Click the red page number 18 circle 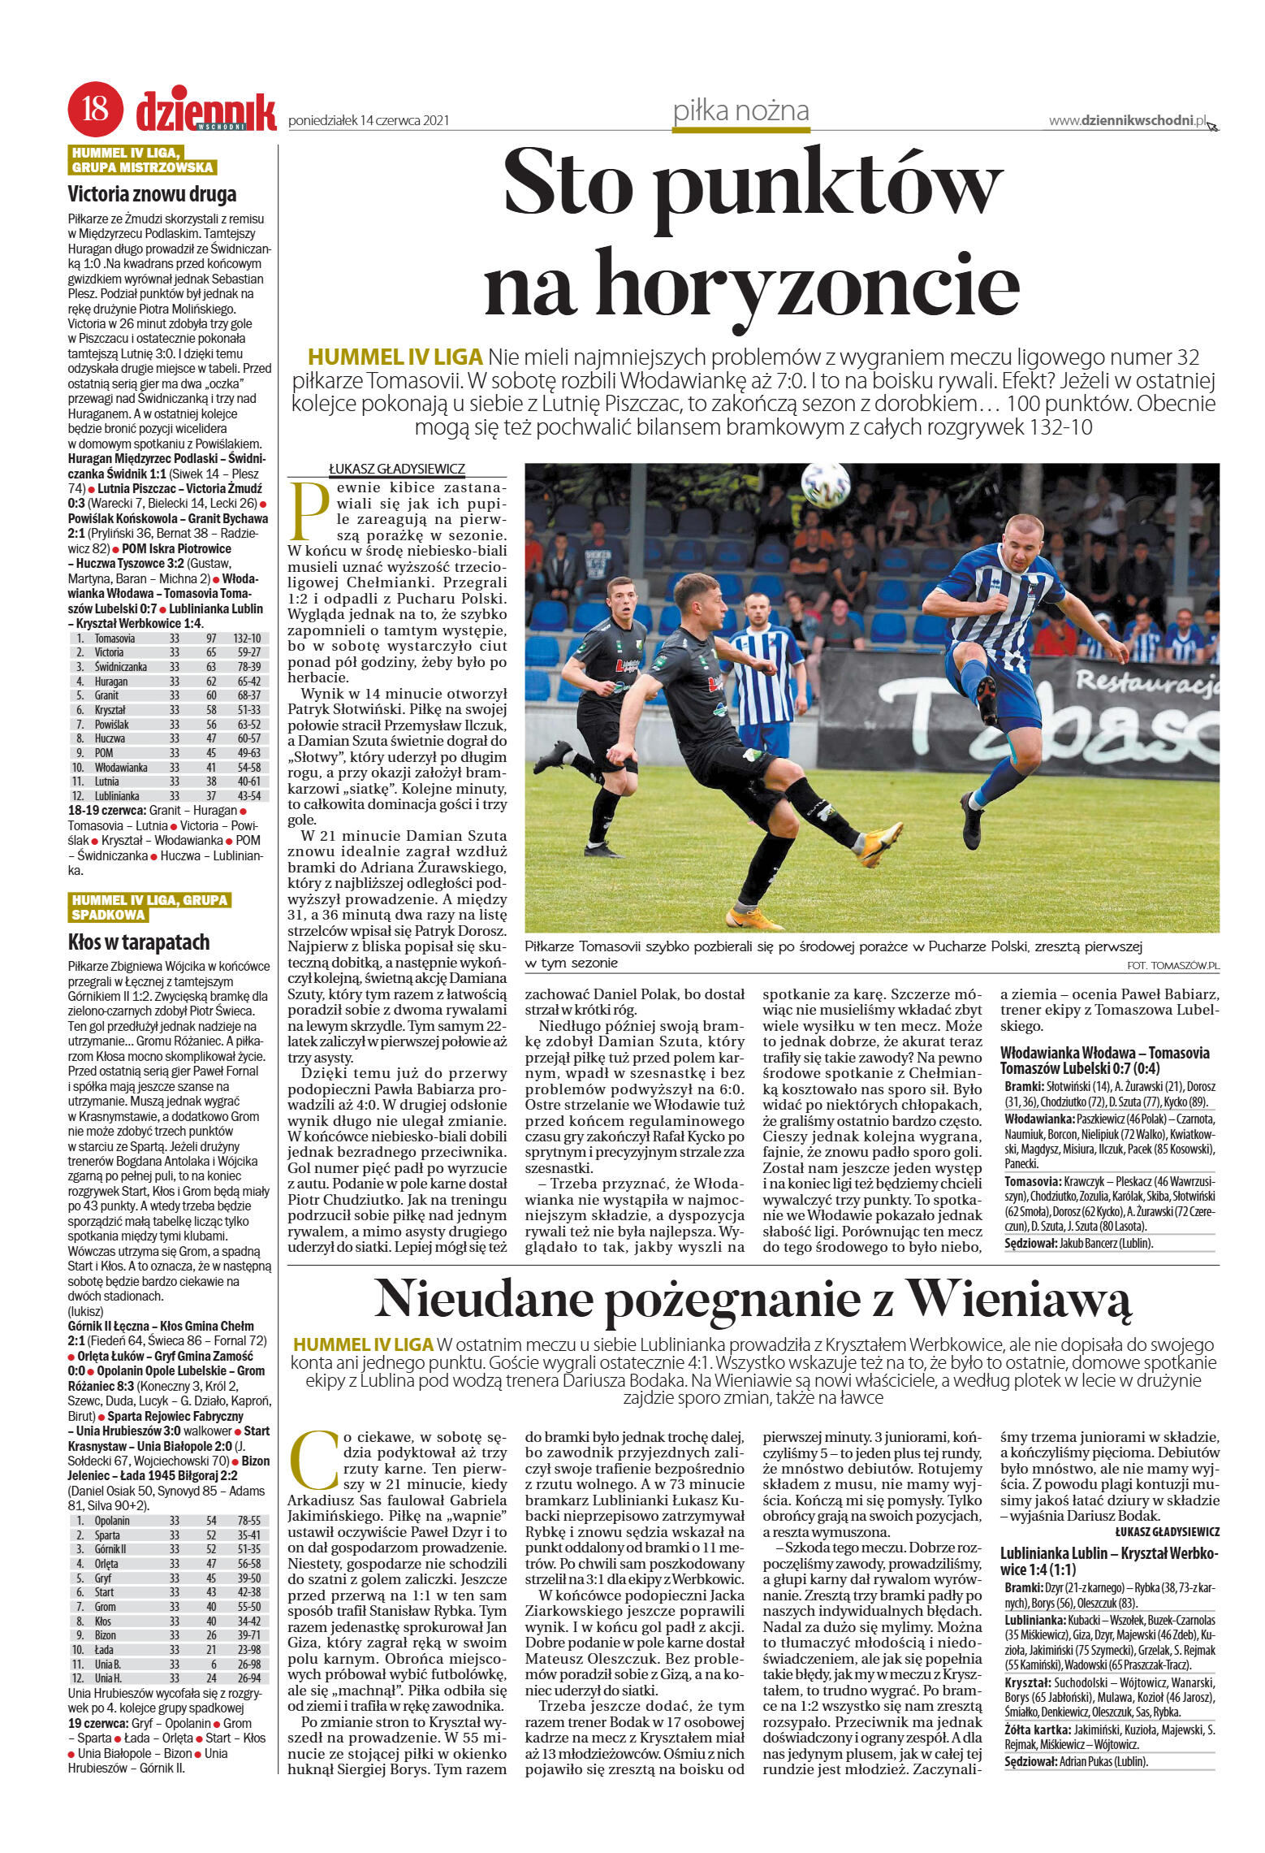96,110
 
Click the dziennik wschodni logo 206,111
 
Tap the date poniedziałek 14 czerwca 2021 369,120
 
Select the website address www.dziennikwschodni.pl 1129,120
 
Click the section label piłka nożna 740,111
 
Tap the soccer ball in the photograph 826,485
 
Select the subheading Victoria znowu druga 152,194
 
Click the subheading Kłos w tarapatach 139,942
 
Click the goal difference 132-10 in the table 246,638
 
